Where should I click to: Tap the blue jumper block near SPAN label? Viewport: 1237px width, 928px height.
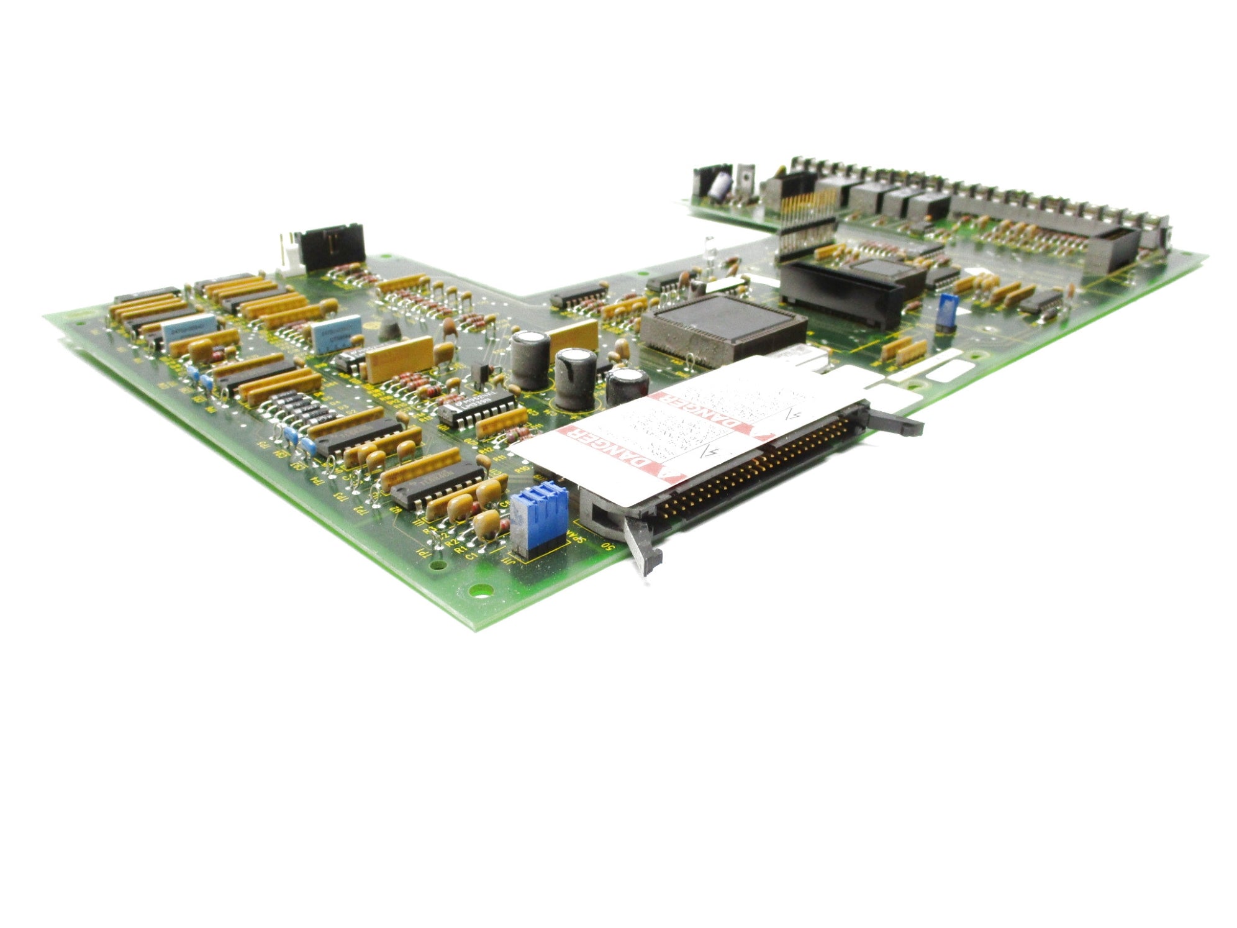point(538,517)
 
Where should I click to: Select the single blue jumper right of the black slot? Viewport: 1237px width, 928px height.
point(947,312)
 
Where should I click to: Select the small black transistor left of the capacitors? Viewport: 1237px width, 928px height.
point(478,373)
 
